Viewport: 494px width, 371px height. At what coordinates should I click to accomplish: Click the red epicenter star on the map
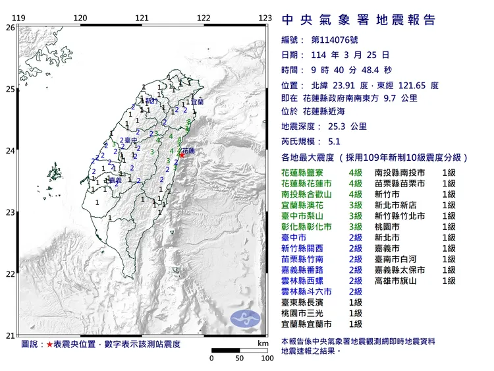[182, 154]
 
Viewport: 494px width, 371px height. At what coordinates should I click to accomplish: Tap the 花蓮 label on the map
[188, 150]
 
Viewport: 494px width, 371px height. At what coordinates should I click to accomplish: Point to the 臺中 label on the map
[130, 140]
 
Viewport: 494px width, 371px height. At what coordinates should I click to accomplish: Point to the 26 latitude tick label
[9, 28]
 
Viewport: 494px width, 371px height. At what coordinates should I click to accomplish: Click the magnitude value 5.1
[335, 142]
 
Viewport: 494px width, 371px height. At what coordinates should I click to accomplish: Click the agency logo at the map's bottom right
[245, 318]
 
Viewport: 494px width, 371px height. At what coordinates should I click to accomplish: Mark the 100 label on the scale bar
[267, 358]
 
